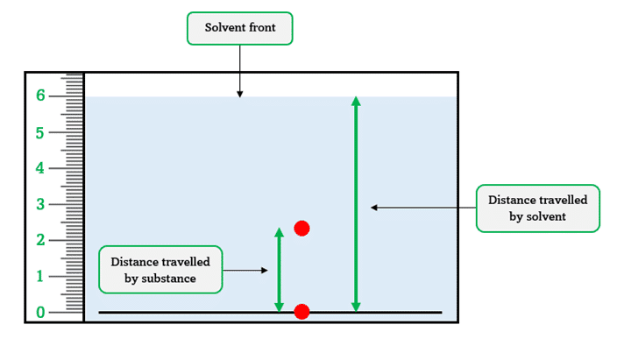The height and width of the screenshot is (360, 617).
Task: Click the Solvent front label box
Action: [239, 28]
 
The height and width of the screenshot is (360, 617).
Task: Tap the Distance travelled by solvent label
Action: [537, 208]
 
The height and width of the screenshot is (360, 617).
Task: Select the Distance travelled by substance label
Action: [160, 269]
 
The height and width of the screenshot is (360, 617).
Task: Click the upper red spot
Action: [302, 229]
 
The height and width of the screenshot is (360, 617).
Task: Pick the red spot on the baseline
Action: [301, 312]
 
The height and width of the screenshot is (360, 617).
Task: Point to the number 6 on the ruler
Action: [40, 95]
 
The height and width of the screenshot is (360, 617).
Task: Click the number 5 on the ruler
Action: [40, 132]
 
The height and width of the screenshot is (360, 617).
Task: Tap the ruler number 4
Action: [40, 167]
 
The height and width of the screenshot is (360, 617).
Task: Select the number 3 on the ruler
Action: [40, 204]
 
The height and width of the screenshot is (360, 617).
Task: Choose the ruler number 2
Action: [40, 240]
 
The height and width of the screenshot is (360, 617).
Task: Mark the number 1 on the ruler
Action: [40, 276]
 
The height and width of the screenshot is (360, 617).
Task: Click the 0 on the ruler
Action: [40, 312]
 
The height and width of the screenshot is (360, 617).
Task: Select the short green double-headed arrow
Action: [280, 271]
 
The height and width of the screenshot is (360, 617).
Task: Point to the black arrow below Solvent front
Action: [239, 70]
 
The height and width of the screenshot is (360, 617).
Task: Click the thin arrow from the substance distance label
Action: [245, 271]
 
